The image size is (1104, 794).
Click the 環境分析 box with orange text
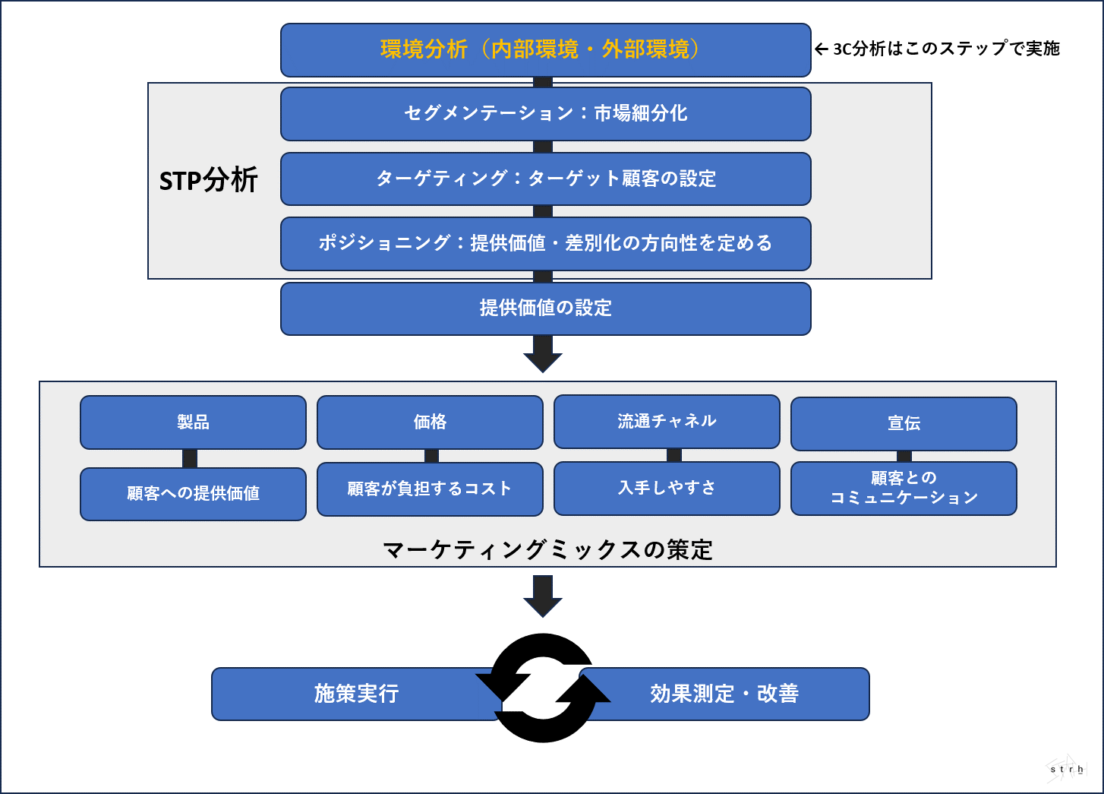click(x=545, y=50)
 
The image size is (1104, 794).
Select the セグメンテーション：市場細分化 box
click(x=545, y=114)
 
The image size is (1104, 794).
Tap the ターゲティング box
click(x=545, y=179)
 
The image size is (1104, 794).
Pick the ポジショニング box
click(x=545, y=243)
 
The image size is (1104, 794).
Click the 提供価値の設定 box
click(x=545, y=308)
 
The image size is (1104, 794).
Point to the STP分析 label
click(x=209, y=181)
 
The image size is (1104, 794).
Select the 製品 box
click(x=193, y=422)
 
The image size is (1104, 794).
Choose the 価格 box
click(x=430, y=422)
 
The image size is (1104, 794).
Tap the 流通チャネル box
click(x=667, y=422)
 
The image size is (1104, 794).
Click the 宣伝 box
click(x=904, y=424)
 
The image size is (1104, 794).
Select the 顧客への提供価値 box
click(x=193, y=494)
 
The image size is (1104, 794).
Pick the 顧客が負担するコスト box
click(x=430, y=489)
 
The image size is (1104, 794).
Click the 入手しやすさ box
click(x=667, y=488)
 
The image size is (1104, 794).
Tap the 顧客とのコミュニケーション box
click(x=904, y=488)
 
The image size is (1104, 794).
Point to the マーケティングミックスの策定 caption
click(x=547, y=550)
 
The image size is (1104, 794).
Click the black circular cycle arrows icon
click(x=543, y=688)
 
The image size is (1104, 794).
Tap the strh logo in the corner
click(x=1066, y=768)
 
